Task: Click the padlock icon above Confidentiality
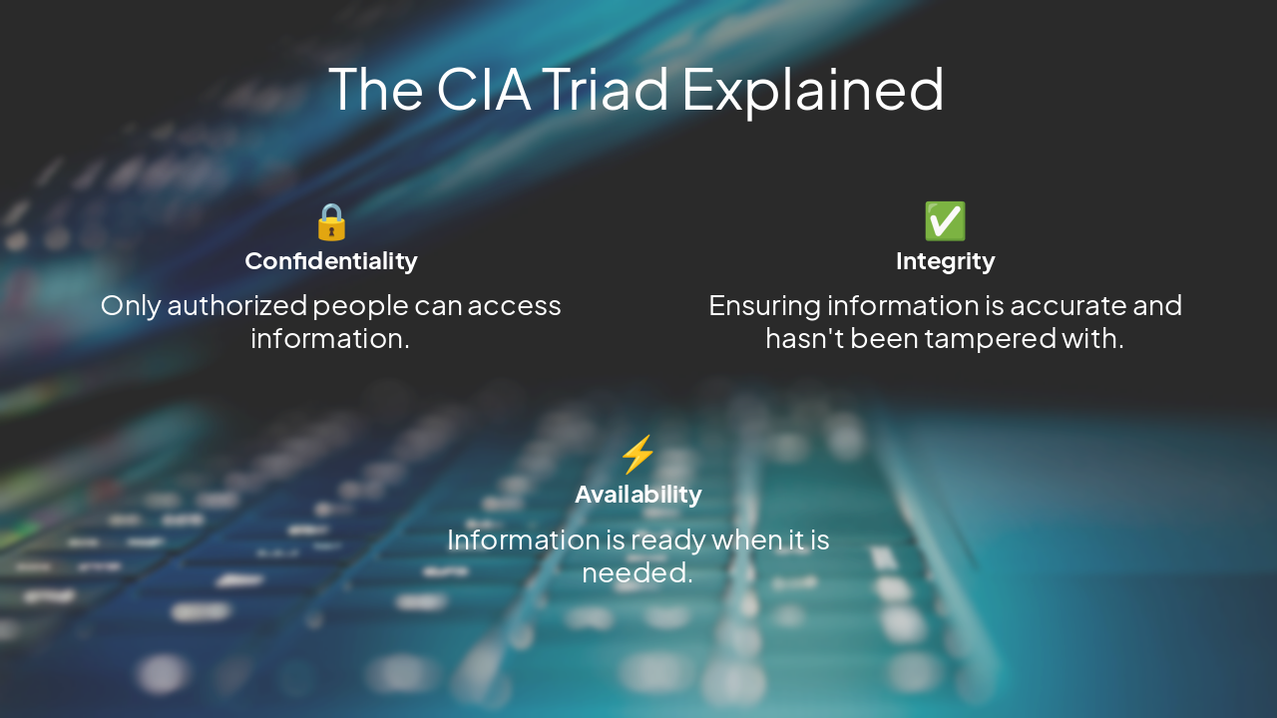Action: (x=331, y=221)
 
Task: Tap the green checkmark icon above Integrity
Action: (x=945, y=221)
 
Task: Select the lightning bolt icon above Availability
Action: (x=638, y=455)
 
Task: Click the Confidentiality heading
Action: (x=331, y=261)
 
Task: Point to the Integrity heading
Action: (x=945, y=261)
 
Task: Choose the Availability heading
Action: (x=638, y=495)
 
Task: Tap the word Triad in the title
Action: (x=606, y=88)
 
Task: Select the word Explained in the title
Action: (x=813, y=90)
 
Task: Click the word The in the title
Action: (x=376, y=88)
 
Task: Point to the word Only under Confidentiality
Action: (x=130, y=305)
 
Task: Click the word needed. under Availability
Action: (x=638, y=572)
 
